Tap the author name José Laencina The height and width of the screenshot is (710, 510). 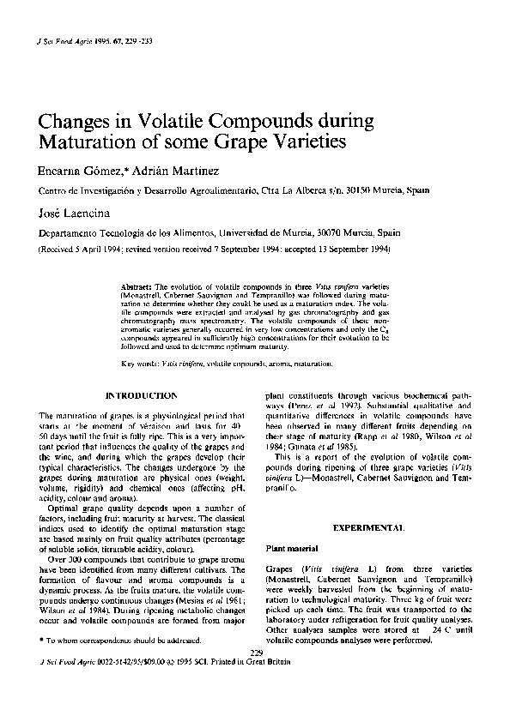click(70, 212)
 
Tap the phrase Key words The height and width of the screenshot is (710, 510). click(139, 364)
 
